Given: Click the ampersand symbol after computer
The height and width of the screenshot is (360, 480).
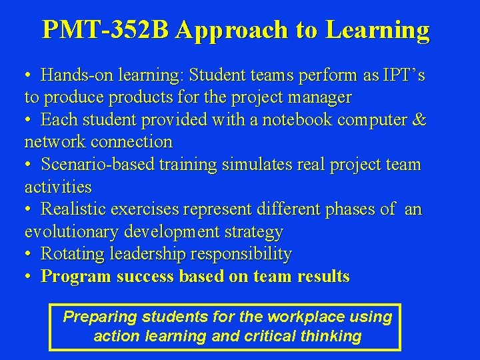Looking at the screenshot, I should coord(420,120).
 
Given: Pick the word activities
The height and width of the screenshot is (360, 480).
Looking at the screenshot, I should coord(58,187).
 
